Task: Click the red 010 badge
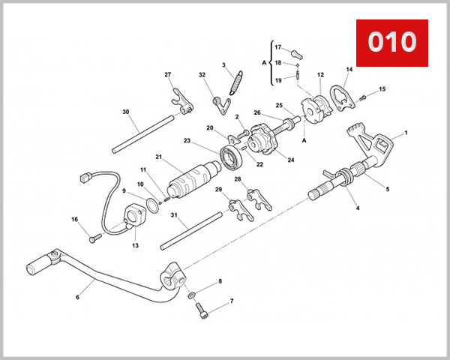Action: (391, 41)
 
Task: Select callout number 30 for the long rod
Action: (125, 112)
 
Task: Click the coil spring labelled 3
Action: (235, 81)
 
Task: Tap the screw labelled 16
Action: (94, 238)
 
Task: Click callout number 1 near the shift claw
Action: (406, 133)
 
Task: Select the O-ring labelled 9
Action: (151, 205)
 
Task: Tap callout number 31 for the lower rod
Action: (173, 215)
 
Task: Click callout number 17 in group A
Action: (277, 46)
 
